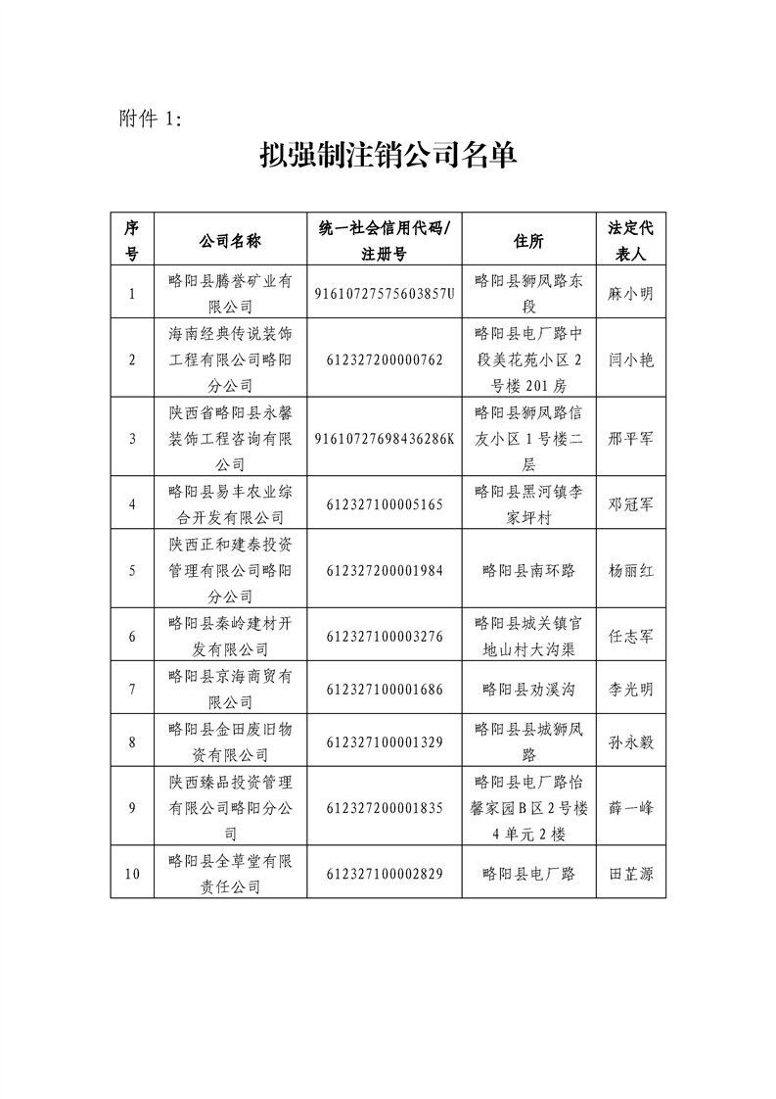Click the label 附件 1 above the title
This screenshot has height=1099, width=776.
pos(150,119)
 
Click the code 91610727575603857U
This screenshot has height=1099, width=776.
pos(385,293)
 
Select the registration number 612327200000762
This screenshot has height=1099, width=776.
pos(385,358)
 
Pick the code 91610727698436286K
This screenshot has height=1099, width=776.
pos(385,437)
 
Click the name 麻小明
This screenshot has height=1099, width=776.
pos(630,293)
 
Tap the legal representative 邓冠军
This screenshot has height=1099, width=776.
pos(630,503)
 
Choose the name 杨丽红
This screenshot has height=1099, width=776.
pos(630,569)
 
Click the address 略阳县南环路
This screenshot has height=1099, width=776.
pos(528,569)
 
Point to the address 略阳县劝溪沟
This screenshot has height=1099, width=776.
pos(528,689)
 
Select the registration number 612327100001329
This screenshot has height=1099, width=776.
pos(385,741)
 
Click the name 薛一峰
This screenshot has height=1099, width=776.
pos(630,808)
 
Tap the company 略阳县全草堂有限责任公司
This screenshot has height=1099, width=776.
pos(230,874)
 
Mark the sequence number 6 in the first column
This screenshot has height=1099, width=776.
pos(132,636)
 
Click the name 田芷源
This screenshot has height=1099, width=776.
pos(630,874)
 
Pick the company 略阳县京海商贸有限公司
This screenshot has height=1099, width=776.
pos(230,689)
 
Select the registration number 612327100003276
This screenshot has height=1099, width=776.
pos(385,636)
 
